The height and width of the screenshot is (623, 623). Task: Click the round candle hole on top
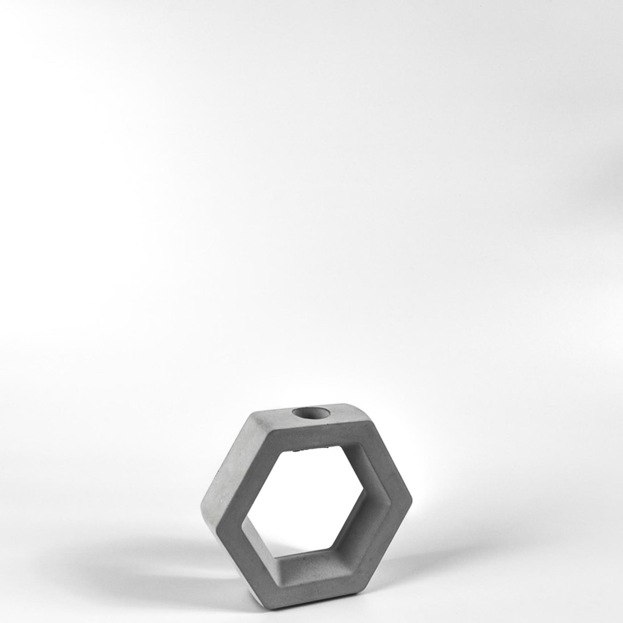tap(309, 413)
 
